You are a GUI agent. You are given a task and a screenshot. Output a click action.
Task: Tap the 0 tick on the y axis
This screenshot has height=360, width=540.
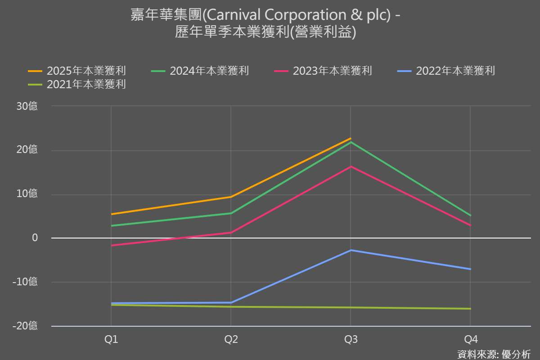pyautogui.click(x=35, y=238)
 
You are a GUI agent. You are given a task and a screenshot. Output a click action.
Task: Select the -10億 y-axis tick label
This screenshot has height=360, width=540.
pyautogui.click(x=26, y=282)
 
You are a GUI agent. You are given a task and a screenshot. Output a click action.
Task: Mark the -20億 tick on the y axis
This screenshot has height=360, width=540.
pyautogui.click(x=26, y=326)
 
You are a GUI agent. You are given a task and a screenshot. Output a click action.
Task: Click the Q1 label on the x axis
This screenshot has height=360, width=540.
pyautogui.click(x=111, y=339)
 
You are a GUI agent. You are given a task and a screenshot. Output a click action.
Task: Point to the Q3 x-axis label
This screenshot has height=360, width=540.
pyautogui.click(x=351, y=339)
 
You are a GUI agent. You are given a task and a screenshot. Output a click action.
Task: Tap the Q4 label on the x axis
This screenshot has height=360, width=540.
pyautogui.click(x=470, y=339)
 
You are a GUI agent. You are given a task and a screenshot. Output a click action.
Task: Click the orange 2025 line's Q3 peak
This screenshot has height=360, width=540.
pyautogui.click(x=351, y=139)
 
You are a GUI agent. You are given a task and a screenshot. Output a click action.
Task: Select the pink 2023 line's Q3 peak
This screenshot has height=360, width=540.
pyautogui.click(x=351, y=166)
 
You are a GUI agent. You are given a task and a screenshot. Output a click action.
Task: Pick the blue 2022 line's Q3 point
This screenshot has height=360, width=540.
pyautogui.click(x=351, y=250)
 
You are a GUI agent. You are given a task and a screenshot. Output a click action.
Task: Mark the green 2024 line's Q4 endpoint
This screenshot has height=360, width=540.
pyautogui.click(x=470, y=216)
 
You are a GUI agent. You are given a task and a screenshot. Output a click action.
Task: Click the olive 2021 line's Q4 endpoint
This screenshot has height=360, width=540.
pyautogui.click(x=470, y=309)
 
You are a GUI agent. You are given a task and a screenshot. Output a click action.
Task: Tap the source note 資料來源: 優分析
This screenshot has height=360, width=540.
pyautogui.click(x=494, y=354)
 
